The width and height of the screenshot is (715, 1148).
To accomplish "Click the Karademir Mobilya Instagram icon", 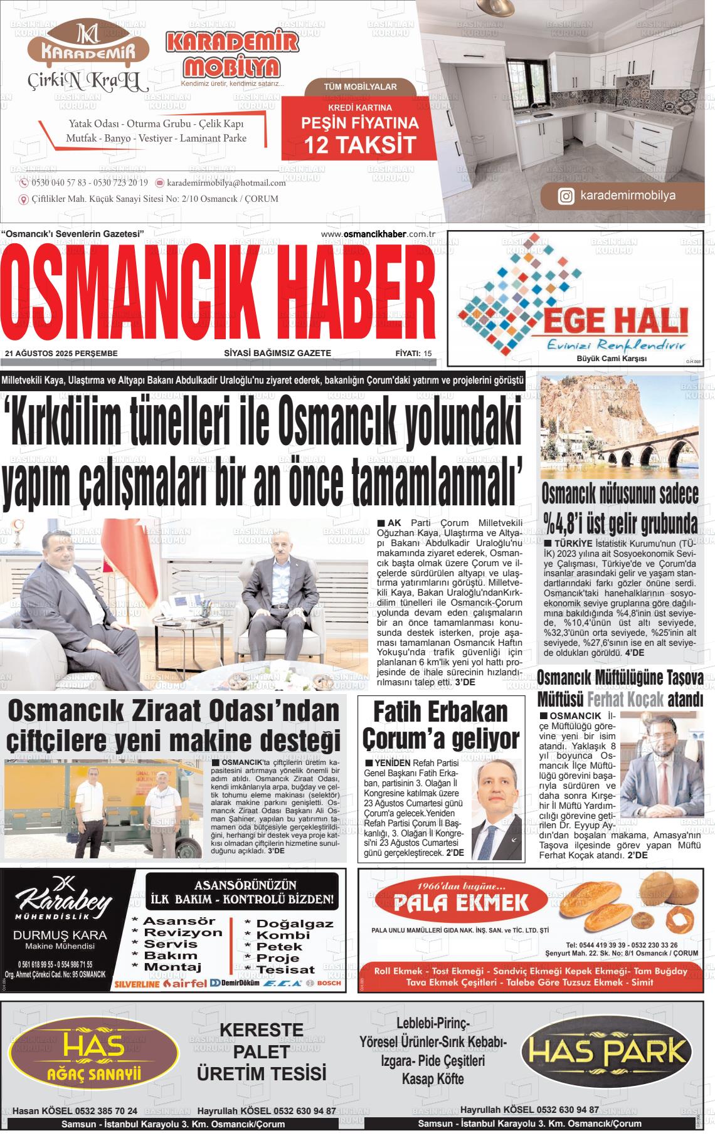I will click(566, 197).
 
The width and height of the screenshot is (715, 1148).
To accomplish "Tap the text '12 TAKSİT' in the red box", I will click(360, 145).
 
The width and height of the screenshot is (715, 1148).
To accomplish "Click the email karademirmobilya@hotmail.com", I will click(226, 182).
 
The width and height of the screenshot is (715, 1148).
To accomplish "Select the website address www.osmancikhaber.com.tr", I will click(378, 234).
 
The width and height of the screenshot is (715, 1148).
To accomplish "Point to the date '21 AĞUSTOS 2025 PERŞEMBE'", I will click(61, 354).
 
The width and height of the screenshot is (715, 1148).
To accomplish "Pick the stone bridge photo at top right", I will click(618, 426).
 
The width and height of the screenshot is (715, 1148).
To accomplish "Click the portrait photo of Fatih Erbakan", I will click(497, 810).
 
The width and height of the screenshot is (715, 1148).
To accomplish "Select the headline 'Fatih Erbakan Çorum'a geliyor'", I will click(442, 725).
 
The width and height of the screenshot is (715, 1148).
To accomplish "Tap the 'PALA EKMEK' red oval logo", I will click(461, 903).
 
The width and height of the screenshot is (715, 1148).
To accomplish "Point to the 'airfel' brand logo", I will click(184, 983).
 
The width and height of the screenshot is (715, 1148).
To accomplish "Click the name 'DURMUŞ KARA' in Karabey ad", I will click(60, 935).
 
